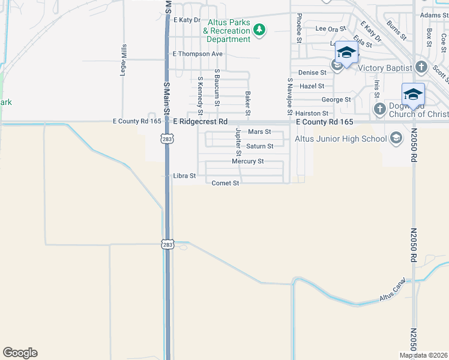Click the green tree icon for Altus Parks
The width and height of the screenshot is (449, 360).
(x=259, y=30)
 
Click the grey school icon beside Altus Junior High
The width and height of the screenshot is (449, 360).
(x=396, y=139)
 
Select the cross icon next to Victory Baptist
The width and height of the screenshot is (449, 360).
(x=421, y=67)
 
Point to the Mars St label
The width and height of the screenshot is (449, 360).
(x=260, y=131)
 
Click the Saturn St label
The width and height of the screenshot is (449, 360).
(x=260, y=146)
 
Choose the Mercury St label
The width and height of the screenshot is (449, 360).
(x=248, y=161)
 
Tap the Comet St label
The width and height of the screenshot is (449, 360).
(x=226, y=183)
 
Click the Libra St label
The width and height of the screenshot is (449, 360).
(x=184, y=176)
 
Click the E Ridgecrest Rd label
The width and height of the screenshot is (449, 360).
(x=200, y=121)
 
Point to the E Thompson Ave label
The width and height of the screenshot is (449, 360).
(x=197, y=54)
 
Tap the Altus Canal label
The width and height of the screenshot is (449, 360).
(x=393, y=290)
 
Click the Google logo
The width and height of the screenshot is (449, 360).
(x=20, y=353)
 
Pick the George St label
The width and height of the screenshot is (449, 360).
(x=336, y=100)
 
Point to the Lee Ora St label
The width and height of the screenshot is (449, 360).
(x=331, y=28)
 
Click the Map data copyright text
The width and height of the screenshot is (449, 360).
(x=423, y=355)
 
